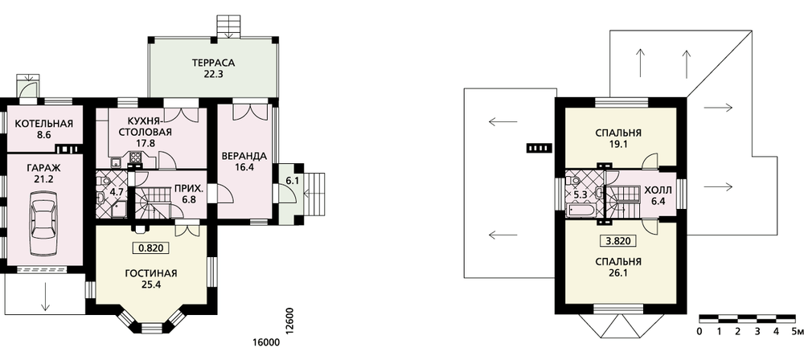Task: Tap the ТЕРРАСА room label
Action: point(213,63)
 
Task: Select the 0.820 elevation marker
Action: point(151,248)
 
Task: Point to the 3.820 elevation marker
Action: point(617,240)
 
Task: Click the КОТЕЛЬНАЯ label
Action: point(43,124)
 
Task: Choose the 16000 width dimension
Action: point(266,342)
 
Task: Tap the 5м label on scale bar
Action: point(797,331)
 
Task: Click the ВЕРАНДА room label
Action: point(244,155)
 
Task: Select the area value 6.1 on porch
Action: point(292,181)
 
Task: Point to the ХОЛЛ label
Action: point(658,190)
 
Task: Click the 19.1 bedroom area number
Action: point(617,145)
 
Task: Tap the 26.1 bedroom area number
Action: point(617,273)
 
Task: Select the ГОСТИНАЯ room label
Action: point(151,273)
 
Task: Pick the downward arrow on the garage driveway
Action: point(45,296)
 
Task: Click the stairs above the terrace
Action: point(228,27)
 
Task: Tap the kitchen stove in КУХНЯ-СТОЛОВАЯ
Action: point(135,157)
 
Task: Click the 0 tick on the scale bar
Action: point(699,331)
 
